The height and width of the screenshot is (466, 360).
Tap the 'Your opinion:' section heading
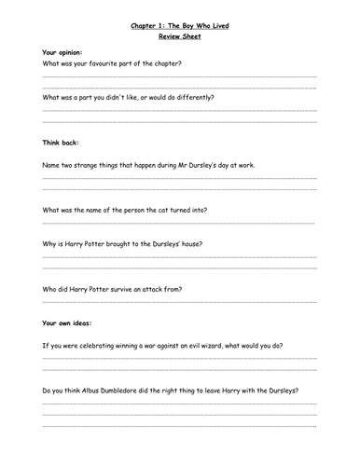tap(62, 51)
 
